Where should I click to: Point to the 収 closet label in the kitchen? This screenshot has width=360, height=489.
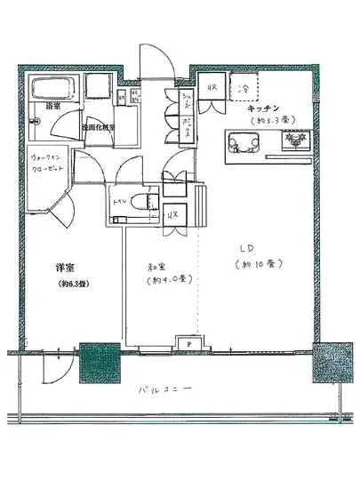click(x=212, y=89)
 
